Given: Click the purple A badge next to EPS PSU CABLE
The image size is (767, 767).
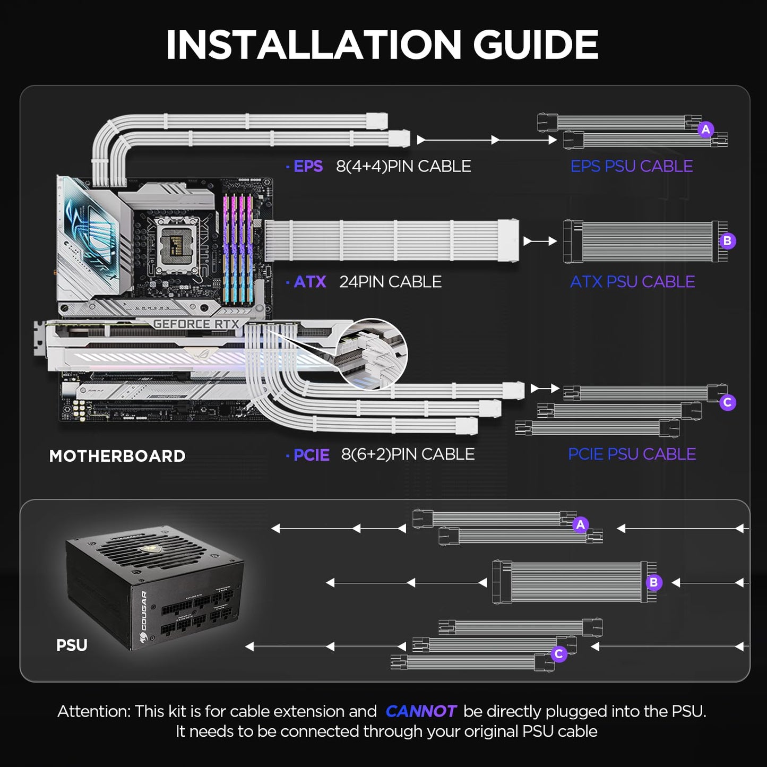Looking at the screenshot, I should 705,129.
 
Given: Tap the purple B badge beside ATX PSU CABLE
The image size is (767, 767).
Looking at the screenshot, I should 727,241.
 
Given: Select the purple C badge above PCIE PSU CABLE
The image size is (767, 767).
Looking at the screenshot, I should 727,402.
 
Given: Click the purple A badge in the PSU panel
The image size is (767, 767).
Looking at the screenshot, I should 580,524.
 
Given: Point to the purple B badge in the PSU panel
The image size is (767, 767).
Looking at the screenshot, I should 653,582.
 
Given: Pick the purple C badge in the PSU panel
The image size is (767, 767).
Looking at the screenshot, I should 558,654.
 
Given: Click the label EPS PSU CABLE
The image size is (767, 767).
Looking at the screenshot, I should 631,166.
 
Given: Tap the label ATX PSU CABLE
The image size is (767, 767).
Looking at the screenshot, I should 632,282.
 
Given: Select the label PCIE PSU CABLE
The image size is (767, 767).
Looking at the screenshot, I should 632,454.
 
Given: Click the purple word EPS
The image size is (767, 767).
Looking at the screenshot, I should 308,167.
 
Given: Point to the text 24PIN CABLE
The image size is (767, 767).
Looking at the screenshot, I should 390,282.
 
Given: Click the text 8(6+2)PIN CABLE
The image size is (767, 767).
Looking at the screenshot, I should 408,454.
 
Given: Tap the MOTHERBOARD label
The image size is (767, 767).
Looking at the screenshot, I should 117,456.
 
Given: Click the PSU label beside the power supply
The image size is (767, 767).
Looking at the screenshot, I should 72,645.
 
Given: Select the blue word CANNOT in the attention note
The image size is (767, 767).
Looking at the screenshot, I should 420,711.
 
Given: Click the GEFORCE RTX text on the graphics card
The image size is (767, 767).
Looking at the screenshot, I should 196,324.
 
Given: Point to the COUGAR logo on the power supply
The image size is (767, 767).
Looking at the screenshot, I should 143,610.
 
